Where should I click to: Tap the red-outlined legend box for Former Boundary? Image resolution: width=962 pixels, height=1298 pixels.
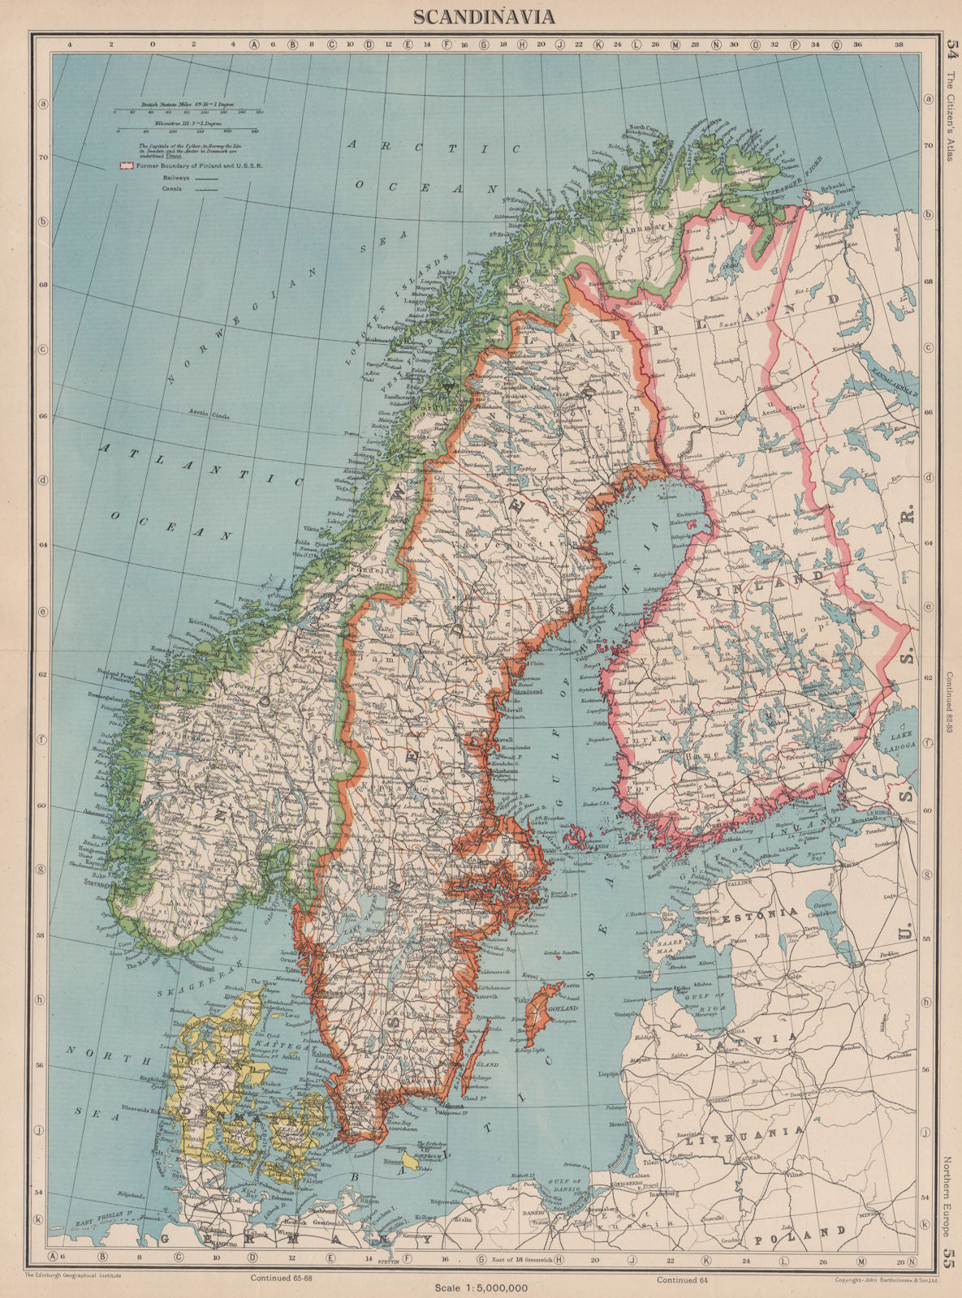pyautogui.click(x=124, y=165)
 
